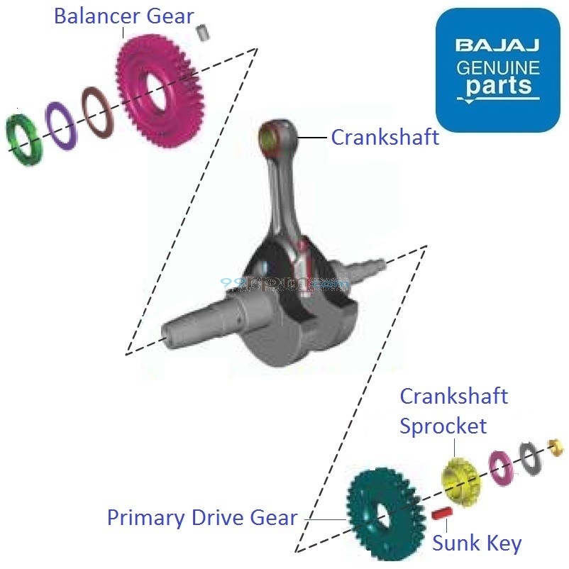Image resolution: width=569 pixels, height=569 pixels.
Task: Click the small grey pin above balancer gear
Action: coord(204,32)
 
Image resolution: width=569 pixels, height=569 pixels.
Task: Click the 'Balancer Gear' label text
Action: coord(124,16)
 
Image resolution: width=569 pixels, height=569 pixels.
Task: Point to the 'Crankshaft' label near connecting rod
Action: coord(385,138)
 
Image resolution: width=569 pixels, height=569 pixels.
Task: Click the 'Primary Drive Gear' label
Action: coord(202,518)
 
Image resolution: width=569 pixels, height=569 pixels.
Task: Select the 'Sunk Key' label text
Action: coord(477,544)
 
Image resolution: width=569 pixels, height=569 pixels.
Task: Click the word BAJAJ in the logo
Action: coord(497,47)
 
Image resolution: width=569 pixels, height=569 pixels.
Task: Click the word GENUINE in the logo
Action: coord(497,68)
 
